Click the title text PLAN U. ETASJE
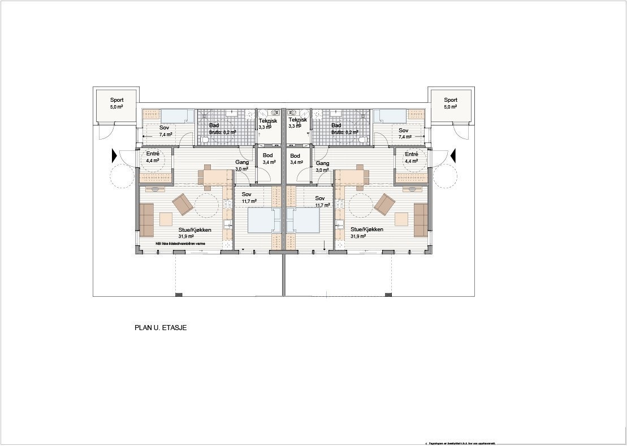click(x=161, y=327)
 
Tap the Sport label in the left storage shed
click(x=117, y=100)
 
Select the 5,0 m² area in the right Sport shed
click(x=451, y=106)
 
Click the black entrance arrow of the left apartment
click(x=115, y=154)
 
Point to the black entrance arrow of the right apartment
click(x=453, y=154)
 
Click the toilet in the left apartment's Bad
click(x=204, y=140)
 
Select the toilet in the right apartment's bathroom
click(x=364, y=140)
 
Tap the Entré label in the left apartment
click(x=153, y=154)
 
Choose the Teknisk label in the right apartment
click(x=297, y=120)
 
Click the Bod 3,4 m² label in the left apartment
click(x=268, y=159)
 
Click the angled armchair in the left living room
click(x=183, y=205)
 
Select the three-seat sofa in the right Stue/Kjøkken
click(x=421, y=220)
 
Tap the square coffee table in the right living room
click(x=402, y=219)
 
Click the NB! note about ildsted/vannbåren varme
click(x=181, y=243)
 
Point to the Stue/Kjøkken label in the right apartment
click(x=366, y=230)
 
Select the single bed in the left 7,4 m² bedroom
click(x=175, y=116)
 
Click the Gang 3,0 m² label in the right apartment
click(x=322, y=166)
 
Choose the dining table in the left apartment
click(x=215, y=179)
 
